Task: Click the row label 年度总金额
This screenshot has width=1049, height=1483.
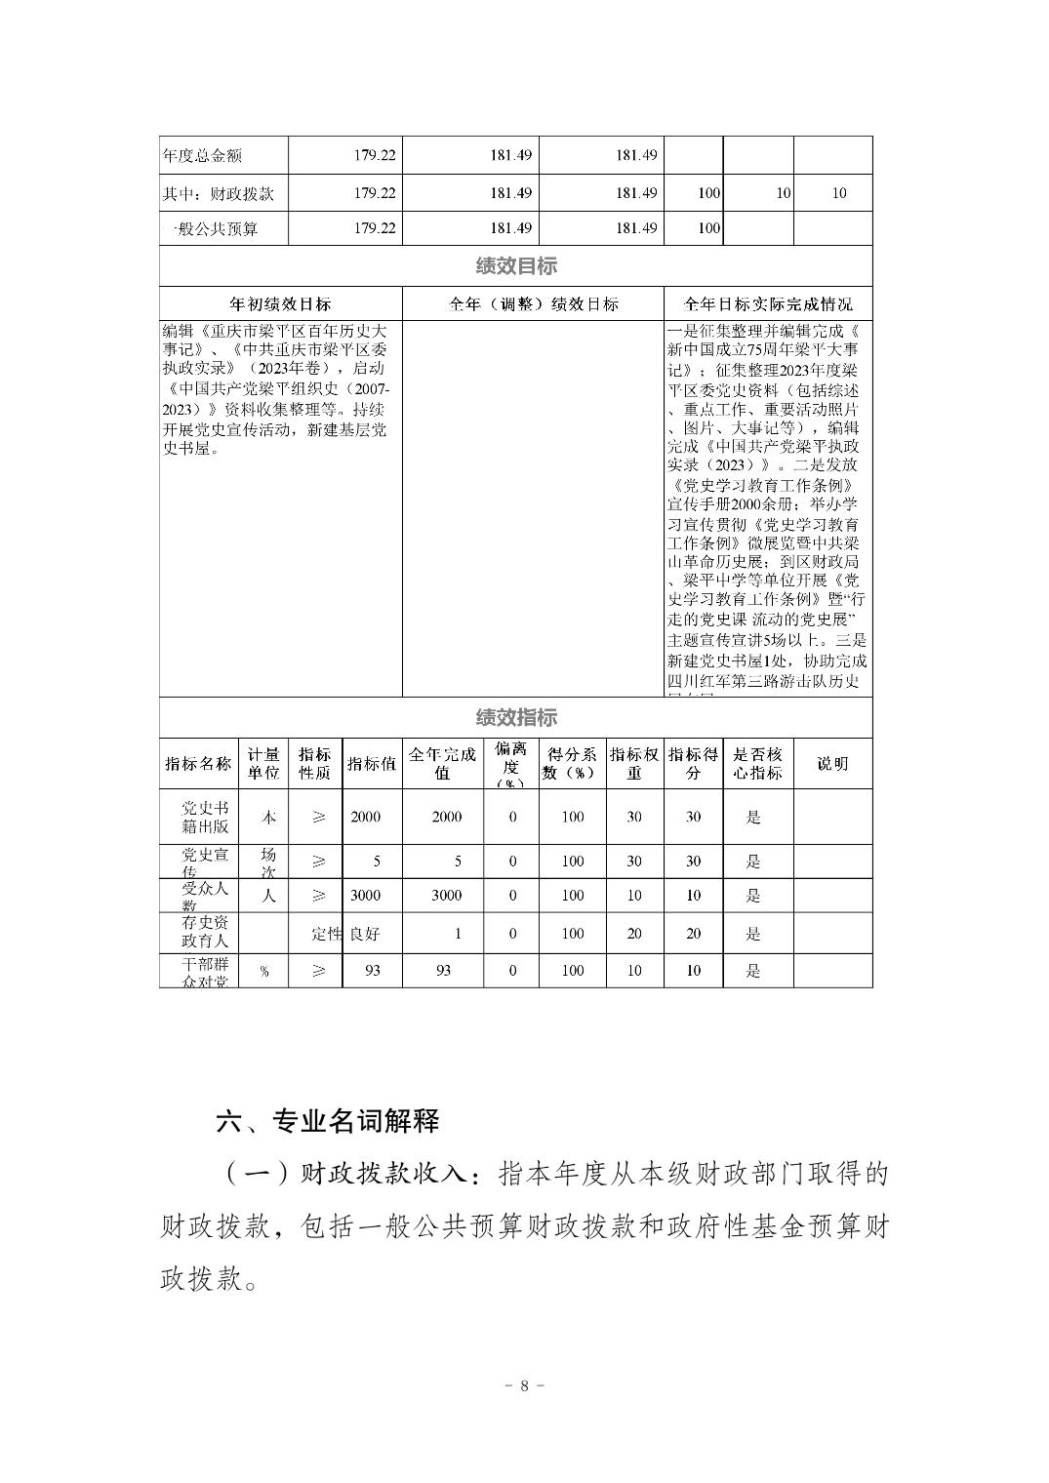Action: click(x=202, y=156)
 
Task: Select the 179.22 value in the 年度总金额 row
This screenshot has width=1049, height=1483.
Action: click(x=375, y=156)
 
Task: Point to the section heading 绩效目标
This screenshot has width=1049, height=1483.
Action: click(x=516, y=266)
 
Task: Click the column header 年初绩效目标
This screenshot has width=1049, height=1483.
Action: click(x=280, y=303)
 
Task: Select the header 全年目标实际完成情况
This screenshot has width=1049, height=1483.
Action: click(x=767, y=303)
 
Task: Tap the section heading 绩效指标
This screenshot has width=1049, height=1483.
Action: click(x=516, y=717)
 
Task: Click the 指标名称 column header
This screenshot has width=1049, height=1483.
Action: click(x=199, y=764)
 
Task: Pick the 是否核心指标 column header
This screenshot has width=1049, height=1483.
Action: click(x=757, y=764)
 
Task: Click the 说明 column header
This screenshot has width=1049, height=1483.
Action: click(x=832, y=764)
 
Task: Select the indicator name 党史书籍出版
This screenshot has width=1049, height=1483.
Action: click(x=205, y=818)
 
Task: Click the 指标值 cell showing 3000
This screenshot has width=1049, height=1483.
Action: click(x=366, y=896)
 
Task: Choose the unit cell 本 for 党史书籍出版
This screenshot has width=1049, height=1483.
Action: click(x=267, y=818)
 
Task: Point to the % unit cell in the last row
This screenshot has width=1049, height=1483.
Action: click(x=264, y=972)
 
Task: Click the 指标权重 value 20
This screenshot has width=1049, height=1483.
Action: click(x=634, y=934)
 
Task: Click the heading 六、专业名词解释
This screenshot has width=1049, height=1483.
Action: click(x=328, y=1121)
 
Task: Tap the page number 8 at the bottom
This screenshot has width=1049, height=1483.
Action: click(x=524, y=1385)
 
